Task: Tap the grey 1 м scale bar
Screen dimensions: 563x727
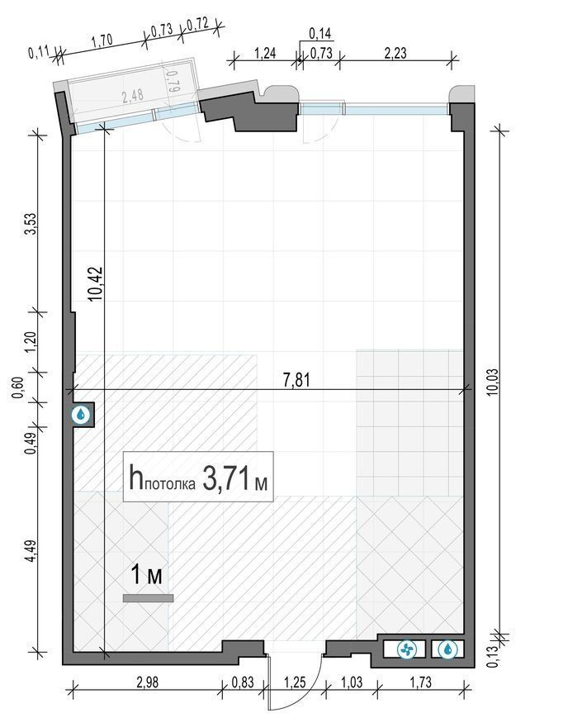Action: click(149, 598)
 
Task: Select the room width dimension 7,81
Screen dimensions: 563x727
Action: click(296, 380)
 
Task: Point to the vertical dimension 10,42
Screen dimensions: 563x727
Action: click(96, 283)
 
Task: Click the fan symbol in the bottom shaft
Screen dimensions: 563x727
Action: click(407, 649)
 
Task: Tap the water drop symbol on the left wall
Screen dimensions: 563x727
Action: click(81, 415)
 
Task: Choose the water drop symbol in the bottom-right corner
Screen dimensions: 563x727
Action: click(447, 649)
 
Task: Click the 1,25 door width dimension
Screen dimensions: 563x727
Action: click(295, 682)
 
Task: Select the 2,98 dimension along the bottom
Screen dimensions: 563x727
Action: click(147, 682)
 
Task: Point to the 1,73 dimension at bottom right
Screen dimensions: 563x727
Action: click(420, 682)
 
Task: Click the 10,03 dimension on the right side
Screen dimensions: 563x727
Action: click(493, 382)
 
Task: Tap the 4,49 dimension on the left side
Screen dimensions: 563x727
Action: click(31, 550)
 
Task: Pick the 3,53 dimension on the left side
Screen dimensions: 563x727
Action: click(31, 224)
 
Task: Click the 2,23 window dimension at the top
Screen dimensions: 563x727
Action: click(395, 53)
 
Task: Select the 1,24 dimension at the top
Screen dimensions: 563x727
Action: click(265, 53)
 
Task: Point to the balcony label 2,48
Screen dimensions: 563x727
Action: click(133, 96)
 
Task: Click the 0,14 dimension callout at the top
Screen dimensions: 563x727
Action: click(319, 33)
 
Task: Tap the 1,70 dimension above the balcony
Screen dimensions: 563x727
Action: click(102, 40)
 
